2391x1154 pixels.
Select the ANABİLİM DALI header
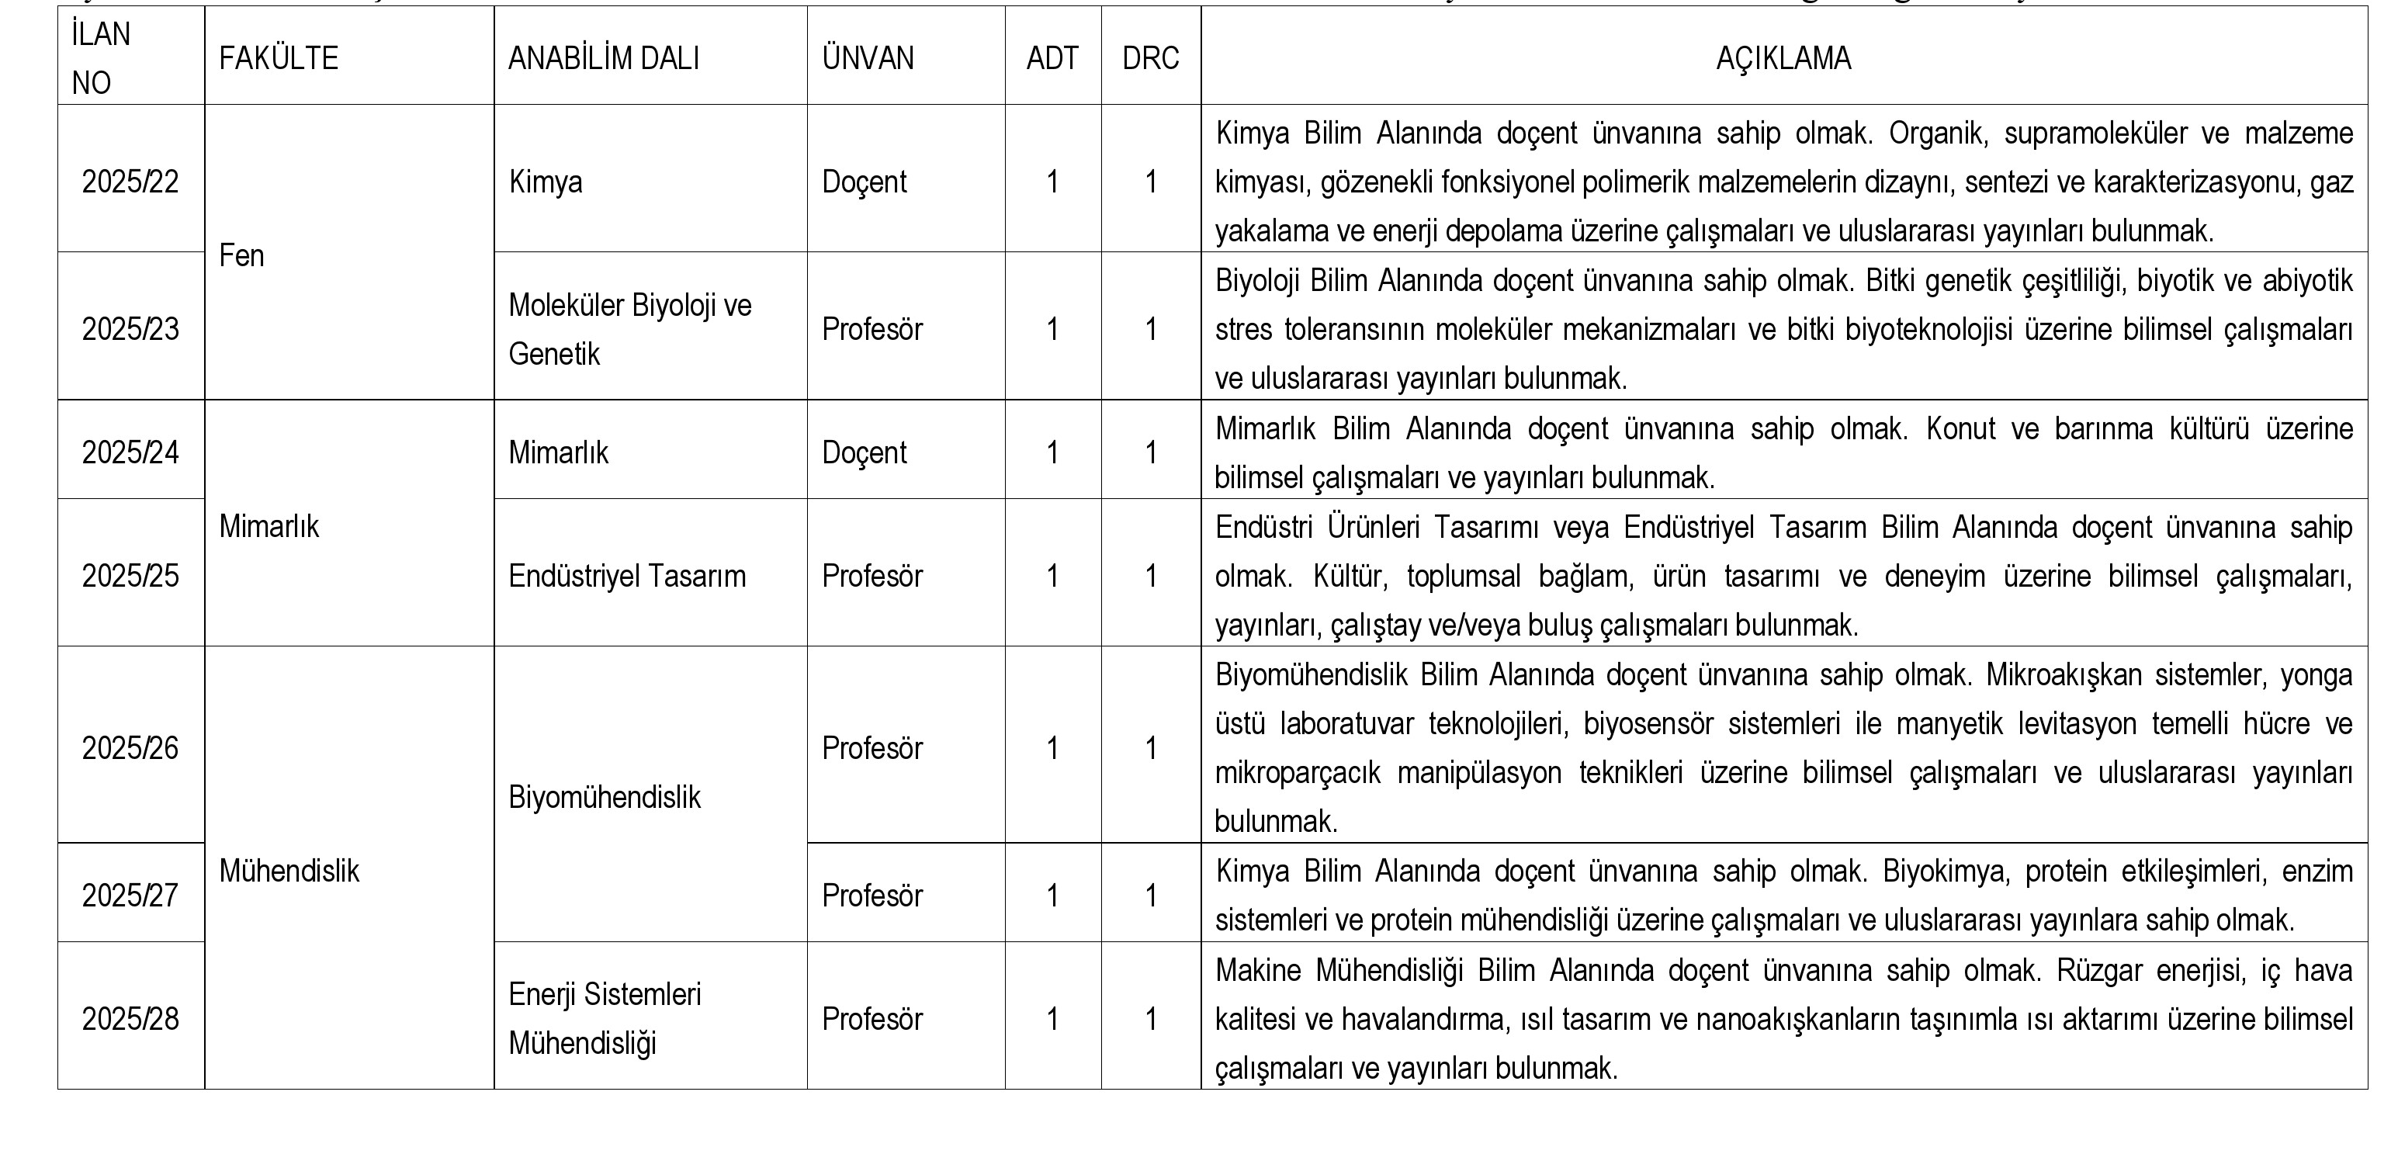click(x=603, y=58)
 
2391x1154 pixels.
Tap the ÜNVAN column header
click(x=868, y=58)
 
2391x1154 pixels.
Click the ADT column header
click(x=1052, y=58)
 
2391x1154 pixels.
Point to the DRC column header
click(x=1150, y=58)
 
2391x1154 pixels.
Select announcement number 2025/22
click(x=130, y=182)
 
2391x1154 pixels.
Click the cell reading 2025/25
click(x=130, y=577)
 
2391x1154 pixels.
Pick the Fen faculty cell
click(x=242, y=255)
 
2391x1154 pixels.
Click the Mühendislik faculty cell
click(x=289, y=871)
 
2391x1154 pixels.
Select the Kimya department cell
click(x=546, y=182)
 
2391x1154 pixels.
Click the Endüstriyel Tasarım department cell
click(x=626, y=577)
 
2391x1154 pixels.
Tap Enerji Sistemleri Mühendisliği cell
click(x=605, y=1018)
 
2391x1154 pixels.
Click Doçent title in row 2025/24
click(x=865, y=453)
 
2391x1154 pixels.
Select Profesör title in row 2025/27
click(x=872, y=896)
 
